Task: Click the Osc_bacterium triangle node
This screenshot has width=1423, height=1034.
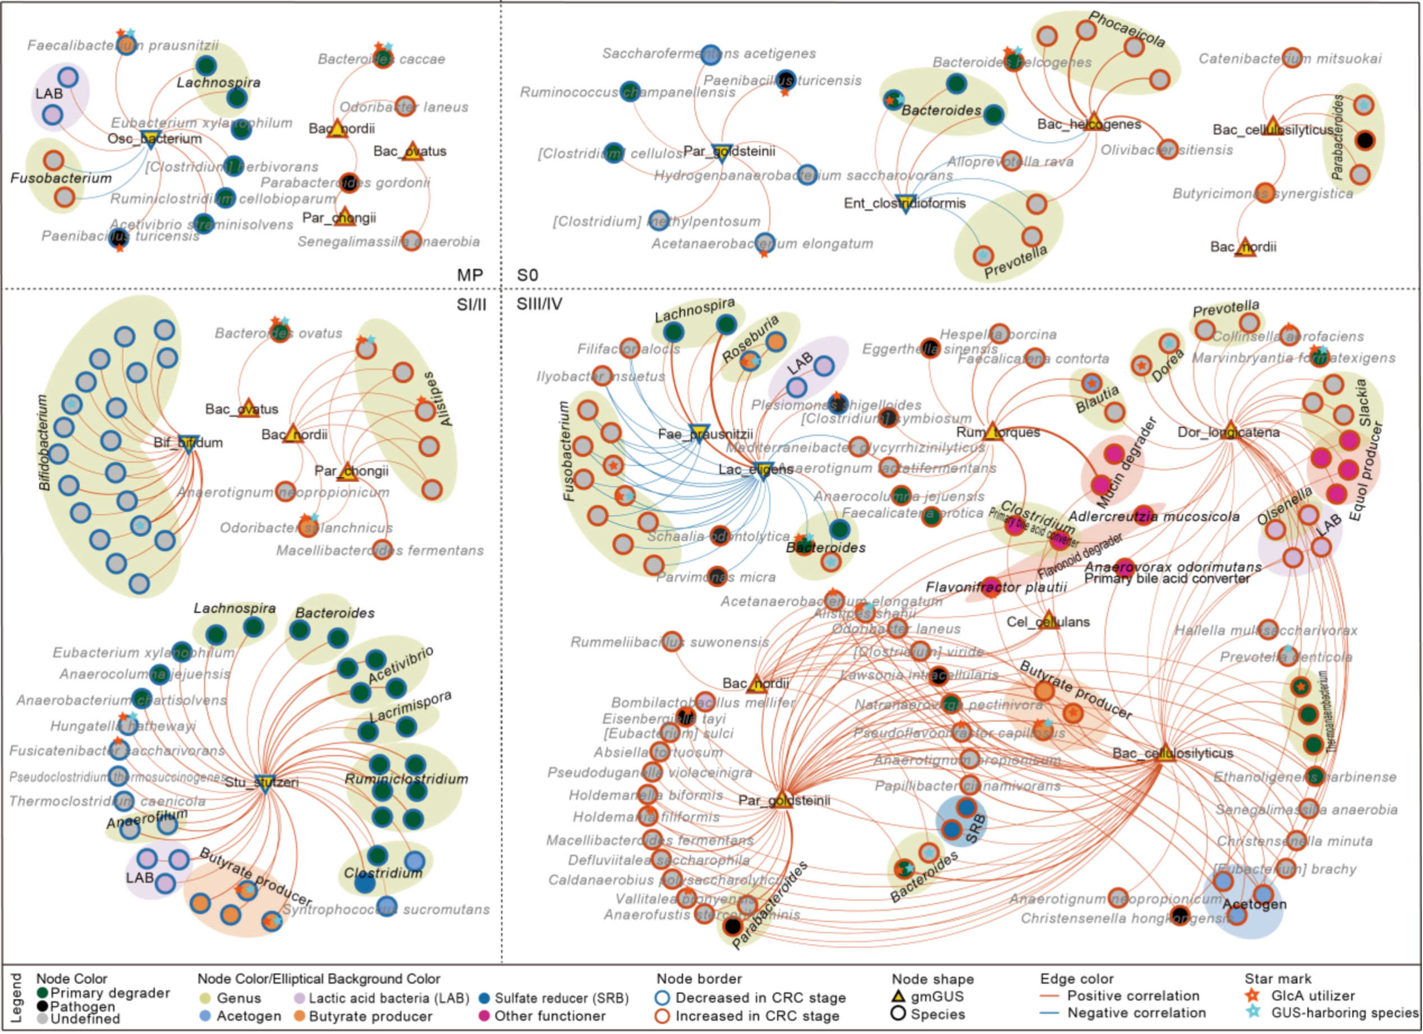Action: (x=149, y=139)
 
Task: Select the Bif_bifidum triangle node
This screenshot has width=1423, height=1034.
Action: (x=188, y=442)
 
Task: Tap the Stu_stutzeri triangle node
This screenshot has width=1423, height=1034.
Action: (x=264, y=783)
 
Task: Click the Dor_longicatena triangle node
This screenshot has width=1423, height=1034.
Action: (x=1230, y=431)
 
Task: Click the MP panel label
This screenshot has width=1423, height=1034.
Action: (x=470, y=275)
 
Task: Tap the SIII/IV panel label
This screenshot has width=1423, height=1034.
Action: (x=539, y=304)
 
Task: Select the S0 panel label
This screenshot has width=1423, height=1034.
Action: (x=527, y=275)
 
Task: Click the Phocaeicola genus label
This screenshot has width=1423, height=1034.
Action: (x=1127, y=29)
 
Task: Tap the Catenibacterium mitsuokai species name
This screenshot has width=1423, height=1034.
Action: (x=1289, y=59)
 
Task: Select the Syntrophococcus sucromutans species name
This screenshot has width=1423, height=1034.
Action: (x=385, y=909)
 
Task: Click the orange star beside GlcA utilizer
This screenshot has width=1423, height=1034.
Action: (x=1252, y=995)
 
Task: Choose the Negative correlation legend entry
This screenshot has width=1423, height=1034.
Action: (x=1136, y=1013)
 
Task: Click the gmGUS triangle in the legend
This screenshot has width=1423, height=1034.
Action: (x=899, y=996)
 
